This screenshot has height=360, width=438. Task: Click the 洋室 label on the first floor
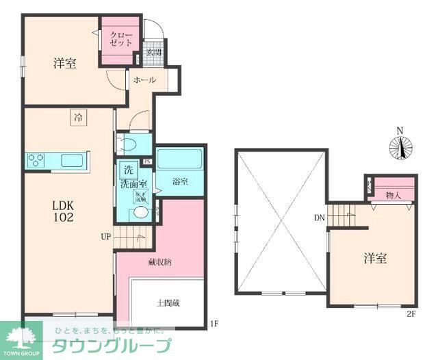coord(64,64)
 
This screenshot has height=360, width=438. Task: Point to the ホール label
coord(144,80)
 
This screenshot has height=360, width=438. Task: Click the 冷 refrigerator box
coord(78,118)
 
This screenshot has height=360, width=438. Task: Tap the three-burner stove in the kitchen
coord(36,160)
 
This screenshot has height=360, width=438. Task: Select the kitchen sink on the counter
coord(71,160)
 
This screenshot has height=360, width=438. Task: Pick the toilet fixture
coord(127,144)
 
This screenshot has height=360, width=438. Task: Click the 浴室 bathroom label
coord(180,182)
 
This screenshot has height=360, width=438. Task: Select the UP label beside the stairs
coord(105,237)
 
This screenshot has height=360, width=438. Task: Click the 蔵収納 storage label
coord(158,263)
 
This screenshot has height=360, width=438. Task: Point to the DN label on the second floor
coord(319,219)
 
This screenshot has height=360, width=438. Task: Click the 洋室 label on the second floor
coord(375,258)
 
